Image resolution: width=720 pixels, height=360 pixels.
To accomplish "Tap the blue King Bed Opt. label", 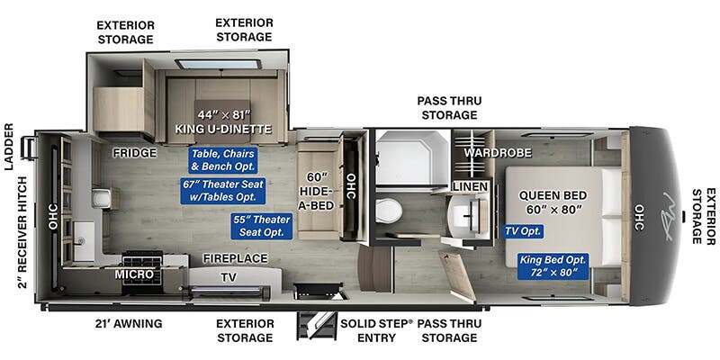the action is [553, 265].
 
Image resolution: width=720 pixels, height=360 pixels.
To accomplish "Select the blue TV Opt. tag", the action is [524, 231].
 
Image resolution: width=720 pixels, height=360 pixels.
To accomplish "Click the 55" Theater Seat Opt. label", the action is [261, 226].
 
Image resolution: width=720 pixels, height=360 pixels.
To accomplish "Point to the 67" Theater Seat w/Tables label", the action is [223, 191].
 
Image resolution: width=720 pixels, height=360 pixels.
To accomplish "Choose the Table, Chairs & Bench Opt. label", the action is [222, 160].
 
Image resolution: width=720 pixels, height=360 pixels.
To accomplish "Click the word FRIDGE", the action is [135, 153].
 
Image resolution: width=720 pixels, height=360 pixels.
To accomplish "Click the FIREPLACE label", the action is [236, 258].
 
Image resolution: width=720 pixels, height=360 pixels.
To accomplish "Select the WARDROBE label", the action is [498, 152].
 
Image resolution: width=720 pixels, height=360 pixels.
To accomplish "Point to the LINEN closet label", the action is [470, 187].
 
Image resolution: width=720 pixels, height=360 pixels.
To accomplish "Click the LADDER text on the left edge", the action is [9, 147].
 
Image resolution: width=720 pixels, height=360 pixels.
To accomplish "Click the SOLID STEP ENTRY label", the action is [376, 330].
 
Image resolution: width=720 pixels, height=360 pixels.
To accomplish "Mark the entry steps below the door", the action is [317, 326].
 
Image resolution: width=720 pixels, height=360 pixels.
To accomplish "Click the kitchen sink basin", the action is [84, 240].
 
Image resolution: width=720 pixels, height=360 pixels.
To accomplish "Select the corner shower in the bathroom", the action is [412, 157].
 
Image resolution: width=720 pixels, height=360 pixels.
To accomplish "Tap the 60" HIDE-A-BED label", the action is [316, 191].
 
